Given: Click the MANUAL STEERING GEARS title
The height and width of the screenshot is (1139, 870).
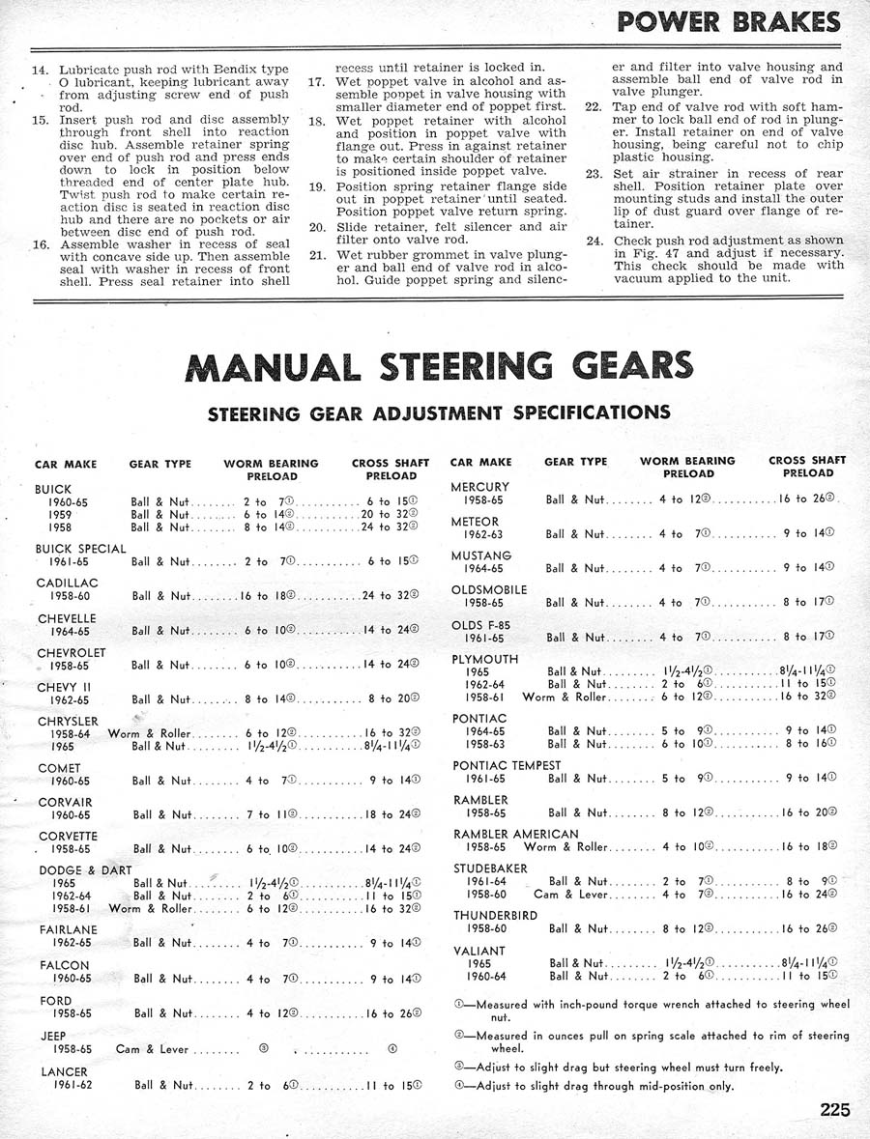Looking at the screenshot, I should pyautogui.click(x=438, y=366).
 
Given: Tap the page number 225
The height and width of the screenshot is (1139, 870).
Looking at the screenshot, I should pyautogui.click(x=834, y=1109).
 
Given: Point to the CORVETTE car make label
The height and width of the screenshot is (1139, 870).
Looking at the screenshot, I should pyautogui.click(x=68, y=836).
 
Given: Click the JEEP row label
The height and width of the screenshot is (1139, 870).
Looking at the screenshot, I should pyautogui.click(x=54, y=1035).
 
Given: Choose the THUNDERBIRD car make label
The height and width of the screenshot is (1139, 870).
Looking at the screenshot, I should pyautogui.click(x=496, y=915).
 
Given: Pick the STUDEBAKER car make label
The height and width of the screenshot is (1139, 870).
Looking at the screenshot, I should pyautogui.click(x=490, y=868).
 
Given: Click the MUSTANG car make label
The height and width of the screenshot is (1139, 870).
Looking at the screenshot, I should pyautogui.click(x=481, y=555).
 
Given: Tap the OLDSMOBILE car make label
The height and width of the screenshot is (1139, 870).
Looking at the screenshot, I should pyautogui.click(x=489, y=589).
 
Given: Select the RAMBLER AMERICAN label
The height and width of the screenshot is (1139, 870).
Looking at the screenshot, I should pyautogui.click(x=515, y=834).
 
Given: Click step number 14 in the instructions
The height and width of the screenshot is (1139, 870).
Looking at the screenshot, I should pyautogui.click(x=41, y=71).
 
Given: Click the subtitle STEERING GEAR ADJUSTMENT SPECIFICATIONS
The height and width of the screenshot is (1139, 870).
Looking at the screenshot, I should pyautogui.click(x=439, y=413).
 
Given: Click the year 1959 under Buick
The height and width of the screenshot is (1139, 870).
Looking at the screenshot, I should pyautogui.click(x=61, y=515).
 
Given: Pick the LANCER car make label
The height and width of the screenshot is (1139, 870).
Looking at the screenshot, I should pyautogui.click(x=64, y=1071).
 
